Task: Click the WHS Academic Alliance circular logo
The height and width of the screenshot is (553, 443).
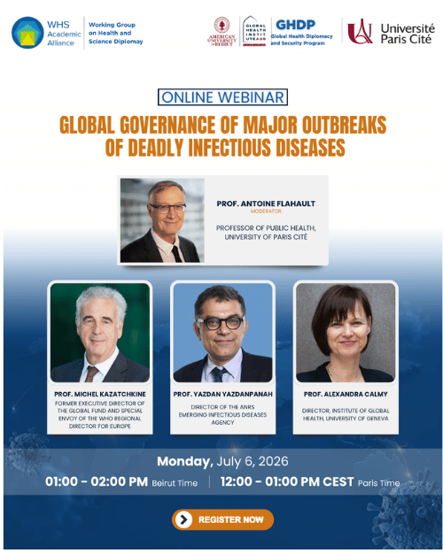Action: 27,33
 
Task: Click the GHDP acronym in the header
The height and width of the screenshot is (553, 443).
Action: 295,25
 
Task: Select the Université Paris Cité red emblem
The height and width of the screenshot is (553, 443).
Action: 360,31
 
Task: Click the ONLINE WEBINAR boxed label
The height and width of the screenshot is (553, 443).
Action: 222,97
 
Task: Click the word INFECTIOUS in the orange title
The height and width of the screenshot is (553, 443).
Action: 230,148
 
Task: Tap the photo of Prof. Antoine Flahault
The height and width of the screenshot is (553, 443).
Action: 162,220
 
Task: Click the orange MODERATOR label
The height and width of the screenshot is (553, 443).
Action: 266,211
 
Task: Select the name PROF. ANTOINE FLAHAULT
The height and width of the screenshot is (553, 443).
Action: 266,204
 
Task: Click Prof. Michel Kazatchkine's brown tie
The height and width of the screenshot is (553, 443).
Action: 91,374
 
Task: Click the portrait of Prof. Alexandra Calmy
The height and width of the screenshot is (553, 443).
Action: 346,333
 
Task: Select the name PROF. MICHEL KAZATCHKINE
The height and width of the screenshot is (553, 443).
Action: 100,394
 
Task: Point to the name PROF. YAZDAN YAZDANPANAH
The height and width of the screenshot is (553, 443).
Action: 223,394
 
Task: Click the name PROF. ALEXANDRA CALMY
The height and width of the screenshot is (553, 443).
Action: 346,394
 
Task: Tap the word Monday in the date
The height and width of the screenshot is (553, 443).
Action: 185,462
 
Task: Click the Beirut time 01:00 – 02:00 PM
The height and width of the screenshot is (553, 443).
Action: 97,481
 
